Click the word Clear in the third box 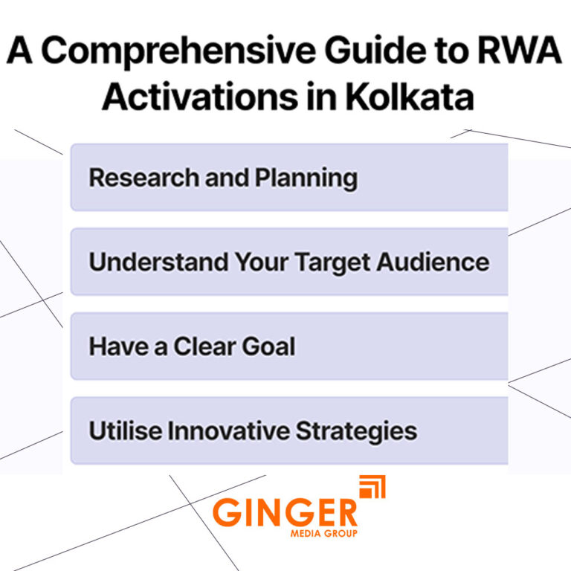pos(203,346)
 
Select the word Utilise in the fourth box pos(121,430)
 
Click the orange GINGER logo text pos(285,514)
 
